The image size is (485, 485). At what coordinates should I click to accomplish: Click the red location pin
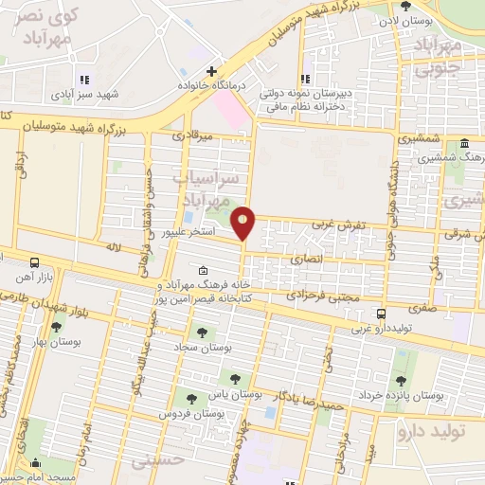(243, 223)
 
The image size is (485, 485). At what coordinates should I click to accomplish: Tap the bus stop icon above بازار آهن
(35, 261)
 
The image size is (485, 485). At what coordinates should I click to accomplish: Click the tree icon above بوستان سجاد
(200, 332)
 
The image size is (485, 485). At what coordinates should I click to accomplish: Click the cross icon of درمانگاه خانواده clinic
(212, 70)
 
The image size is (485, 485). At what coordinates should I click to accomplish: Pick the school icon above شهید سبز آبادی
(83, 81)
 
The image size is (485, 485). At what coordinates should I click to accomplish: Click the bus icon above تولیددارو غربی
(381, 314)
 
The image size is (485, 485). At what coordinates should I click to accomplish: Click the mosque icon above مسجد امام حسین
(37, 463)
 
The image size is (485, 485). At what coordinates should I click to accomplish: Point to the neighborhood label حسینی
(155, 461)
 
